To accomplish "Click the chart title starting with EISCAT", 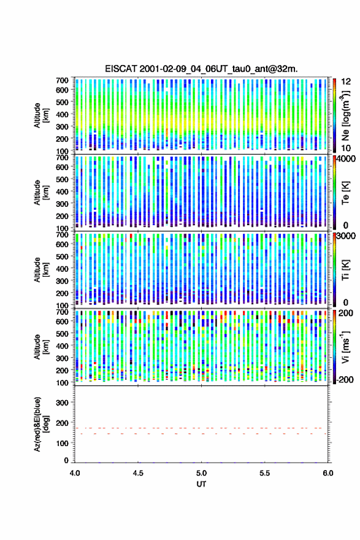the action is [201, 69].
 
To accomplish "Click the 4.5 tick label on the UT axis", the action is [138, 473].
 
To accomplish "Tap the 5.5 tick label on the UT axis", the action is [265, 473].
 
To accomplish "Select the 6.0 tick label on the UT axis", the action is [328, 473].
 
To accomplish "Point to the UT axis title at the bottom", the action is [201, 484].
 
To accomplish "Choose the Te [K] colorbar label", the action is [345, 193].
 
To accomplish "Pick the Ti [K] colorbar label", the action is [345, 270].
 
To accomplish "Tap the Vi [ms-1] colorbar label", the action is [345, 347].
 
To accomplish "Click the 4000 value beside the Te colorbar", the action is [345, 159].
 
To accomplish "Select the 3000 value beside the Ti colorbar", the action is [345, 236].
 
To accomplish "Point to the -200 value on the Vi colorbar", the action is [343, 379].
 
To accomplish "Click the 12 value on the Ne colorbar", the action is [345, 82].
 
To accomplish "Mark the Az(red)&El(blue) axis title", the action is [41, 424].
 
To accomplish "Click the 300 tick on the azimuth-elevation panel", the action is [62, 403].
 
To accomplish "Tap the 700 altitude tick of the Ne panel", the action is [62, 80].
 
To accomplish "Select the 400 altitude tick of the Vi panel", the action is [62, 345].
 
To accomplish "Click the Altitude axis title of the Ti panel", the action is [41, 269].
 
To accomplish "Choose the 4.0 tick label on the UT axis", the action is [75, 473].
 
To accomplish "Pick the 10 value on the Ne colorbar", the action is [345, 148].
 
